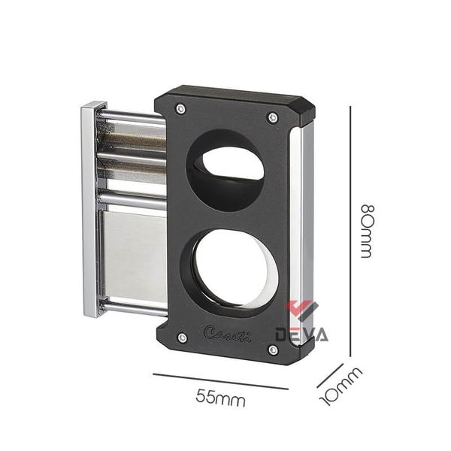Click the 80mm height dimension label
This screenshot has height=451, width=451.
click(x=366, y=230)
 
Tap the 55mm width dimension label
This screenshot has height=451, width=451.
click(x=221, y=399)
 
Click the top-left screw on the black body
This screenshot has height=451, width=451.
click(x=180, y=109)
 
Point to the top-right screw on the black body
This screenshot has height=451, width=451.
click(x=273, y=117)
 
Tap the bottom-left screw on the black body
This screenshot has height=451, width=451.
click(x=182, y=337)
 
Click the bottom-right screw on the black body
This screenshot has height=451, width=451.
click(x=273, y=350)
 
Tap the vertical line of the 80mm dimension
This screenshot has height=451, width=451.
click(x=350, y=230)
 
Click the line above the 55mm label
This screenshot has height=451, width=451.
click(x=220, y=381)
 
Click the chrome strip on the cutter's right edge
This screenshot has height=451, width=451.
click(x=307, y=225)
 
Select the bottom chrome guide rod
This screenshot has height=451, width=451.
click(x=135, y=305)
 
